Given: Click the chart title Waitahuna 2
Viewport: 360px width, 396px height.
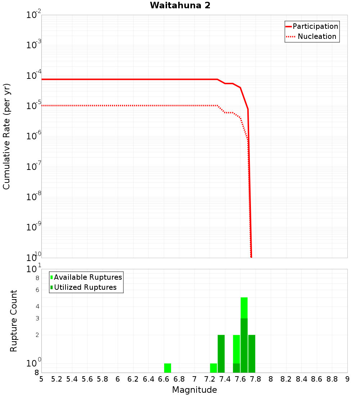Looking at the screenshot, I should pyautogui.click(x=180, y=5).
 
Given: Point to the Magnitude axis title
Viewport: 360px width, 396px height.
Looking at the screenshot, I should pyautogui.click(x=194, y=390).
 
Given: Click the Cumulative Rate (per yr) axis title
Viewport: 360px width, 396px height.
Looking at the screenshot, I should pyautogui.click(x=6, y=136).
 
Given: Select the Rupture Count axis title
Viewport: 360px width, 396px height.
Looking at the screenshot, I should pyautogui.click(x=14, y=321).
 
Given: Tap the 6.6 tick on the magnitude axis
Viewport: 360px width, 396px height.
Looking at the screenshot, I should pyautogui.click(x=164, y=379).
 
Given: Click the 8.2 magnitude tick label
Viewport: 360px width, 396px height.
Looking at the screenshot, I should pyautogui.click(x=286, y=379).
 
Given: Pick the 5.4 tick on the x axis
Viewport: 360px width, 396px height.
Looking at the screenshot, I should pyautogui.click(x=72, y=379).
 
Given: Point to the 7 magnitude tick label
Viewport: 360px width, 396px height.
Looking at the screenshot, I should pyautogui.click(x=194, y=379).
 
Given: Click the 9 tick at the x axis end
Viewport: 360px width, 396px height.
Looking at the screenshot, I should pyautogui.click(x=347, y=379).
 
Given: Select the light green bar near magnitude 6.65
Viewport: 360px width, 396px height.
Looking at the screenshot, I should pyautogui.click(x=167, y=368).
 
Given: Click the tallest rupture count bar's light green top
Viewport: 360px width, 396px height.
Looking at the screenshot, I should pyautogui.click(x=244, y=307).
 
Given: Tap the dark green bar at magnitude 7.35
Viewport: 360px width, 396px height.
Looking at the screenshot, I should pyautogui.click(x=221, y=354).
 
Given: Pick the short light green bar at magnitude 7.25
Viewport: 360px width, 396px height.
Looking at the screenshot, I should pyautogui.click(x=213, y=368).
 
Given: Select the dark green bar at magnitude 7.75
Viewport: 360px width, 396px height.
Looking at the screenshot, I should pyautogui.click(x=252, y=354).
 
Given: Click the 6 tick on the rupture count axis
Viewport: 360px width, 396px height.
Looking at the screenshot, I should pyautogui.click(x=37, y=290).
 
